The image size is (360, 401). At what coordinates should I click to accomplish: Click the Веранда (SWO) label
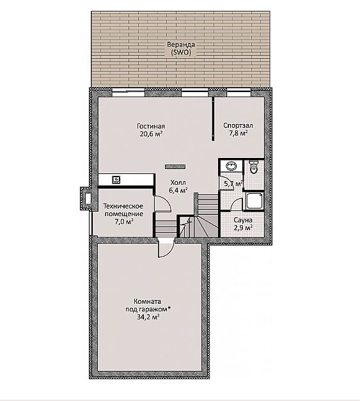pos(181,49)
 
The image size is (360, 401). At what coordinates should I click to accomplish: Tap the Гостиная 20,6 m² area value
pos(151,134)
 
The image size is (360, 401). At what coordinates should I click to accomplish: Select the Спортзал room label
pos(238,125)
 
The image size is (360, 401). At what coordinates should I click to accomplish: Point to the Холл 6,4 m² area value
pos(178,191)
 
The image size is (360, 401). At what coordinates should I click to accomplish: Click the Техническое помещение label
pos(123,210)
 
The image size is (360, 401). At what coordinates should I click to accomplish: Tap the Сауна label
pos(243,220)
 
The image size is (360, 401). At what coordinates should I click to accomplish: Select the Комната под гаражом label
pos(148,305)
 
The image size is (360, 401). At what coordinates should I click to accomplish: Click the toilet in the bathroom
pos(254,167)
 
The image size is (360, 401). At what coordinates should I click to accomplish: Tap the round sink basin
pos(231,166)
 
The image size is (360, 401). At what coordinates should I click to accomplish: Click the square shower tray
pos(254,201)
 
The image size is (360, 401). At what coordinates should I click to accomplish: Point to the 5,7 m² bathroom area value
pos(233,184)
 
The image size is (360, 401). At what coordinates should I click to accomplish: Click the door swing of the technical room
pos(162,203)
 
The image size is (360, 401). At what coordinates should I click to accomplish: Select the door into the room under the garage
pos(166,248)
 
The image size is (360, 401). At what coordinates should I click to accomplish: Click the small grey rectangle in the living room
pos(175,167)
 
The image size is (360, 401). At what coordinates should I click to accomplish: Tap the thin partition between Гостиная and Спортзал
pos(213,118)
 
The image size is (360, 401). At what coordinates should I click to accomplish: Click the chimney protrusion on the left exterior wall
pos(86,199)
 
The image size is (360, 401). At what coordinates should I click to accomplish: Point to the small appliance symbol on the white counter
pos(116,179)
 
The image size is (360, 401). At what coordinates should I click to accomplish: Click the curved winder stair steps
pos(207,224)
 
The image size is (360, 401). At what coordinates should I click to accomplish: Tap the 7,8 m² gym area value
pos(239,133)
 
